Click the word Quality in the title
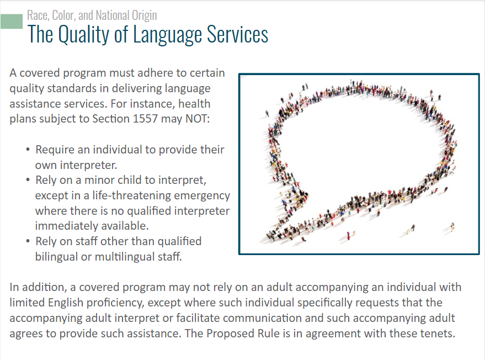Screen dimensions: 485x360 tap(83, 35)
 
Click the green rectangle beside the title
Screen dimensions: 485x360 tap(12, 22)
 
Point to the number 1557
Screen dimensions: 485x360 tap(145, 119)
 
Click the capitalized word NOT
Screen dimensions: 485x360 tap(198, 119)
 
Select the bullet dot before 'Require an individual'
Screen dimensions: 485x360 tap(28, 150)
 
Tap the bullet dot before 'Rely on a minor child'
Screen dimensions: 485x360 tap(28, 180)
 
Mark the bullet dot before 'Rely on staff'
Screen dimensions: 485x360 tap(28, 241)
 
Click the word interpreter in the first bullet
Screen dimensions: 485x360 tap(88, 165)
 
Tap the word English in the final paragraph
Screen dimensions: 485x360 tap(66, 303)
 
